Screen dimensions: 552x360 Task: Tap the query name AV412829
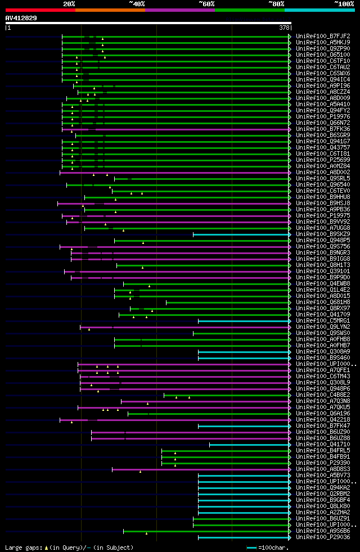21,18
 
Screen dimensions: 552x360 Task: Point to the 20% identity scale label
69,4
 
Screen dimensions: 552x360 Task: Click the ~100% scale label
344,4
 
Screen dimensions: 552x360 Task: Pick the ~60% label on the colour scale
206,4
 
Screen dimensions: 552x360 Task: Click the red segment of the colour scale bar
40,10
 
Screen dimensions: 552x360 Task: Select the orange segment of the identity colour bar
110,10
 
